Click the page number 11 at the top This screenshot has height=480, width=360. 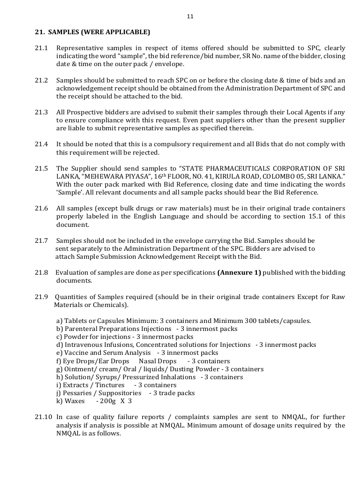pyautogui.click(x=190, y=16)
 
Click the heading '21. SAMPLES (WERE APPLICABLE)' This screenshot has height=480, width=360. pyautogui.click(x=93, y=32)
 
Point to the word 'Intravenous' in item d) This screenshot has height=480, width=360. pyautogui.click(x=83, y=345)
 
